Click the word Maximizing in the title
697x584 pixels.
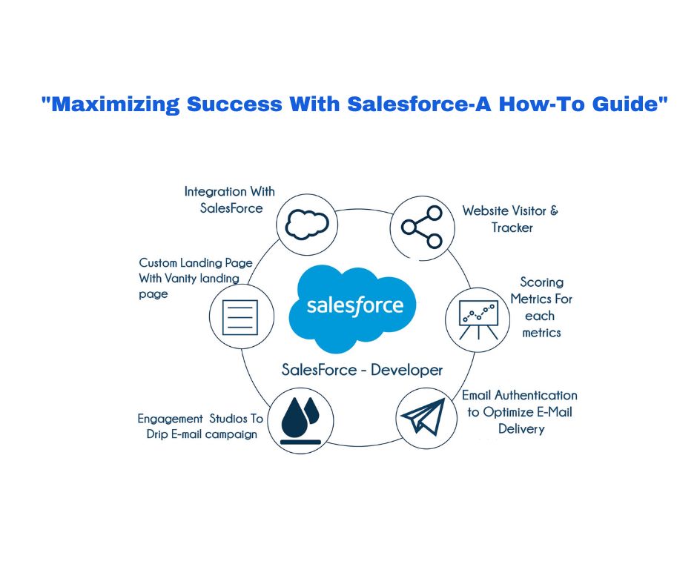click(115, 104)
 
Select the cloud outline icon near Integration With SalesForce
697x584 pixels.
click(307, 225)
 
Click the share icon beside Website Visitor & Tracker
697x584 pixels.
click(422, 227)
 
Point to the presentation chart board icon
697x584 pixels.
click(478, 319)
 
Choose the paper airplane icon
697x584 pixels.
click(423, 417)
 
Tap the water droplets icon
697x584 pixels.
click(300, 420)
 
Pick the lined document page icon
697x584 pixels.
click(240, 317)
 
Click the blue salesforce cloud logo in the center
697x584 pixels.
click(353, 308)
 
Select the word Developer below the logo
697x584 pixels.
click(407, 370)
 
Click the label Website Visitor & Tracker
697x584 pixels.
click(510, 219)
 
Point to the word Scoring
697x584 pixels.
click(542, 282)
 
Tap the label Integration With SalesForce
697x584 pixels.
click(230, 199)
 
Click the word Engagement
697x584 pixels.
click(171, 419)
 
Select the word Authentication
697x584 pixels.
click(536, 395)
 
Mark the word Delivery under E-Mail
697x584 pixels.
click(521, 429)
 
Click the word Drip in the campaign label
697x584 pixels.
click(157, 434)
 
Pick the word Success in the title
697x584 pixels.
click(234, 104)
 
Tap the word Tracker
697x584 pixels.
click(512, 228)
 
